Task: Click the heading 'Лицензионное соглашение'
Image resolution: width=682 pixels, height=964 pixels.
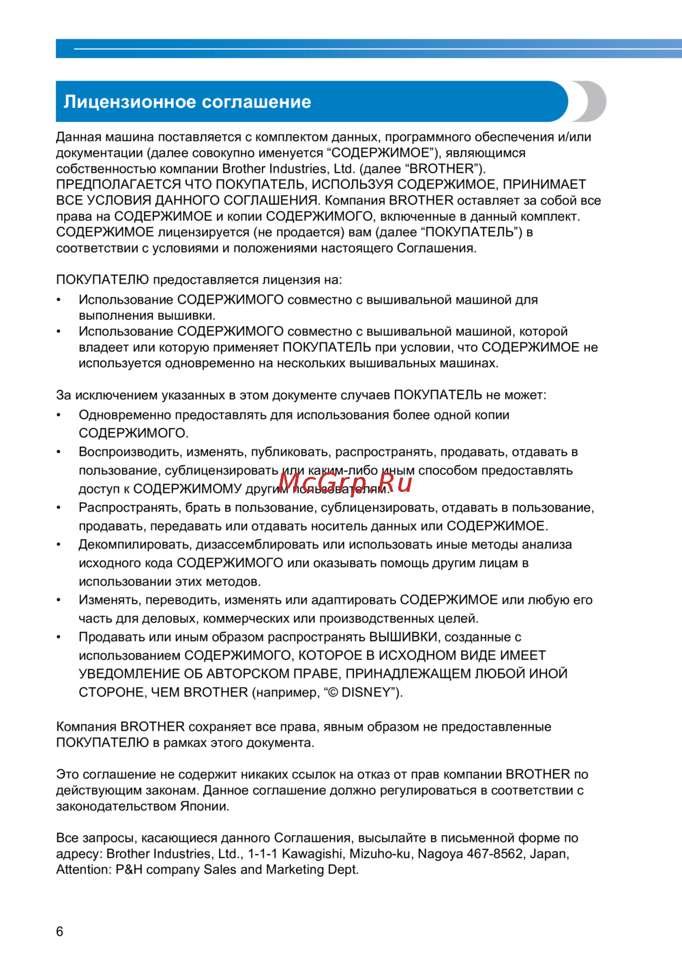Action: pos(187,102)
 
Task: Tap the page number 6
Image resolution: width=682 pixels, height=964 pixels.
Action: pos(60,931)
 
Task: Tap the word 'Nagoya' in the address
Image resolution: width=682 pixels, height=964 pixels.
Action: pos(439,853)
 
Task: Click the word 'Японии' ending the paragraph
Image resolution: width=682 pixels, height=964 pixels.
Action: pos(204,806)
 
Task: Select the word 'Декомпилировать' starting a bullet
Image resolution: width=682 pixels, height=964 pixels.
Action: pos(134,544)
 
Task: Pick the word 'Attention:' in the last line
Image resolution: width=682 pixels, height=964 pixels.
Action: pos(83,870)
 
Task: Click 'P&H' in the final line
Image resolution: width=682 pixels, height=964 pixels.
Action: pos(129,870)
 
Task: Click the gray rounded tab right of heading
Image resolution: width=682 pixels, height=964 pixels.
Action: pos(592,101)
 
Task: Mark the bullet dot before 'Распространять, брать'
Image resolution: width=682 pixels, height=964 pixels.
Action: pos(59,508)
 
